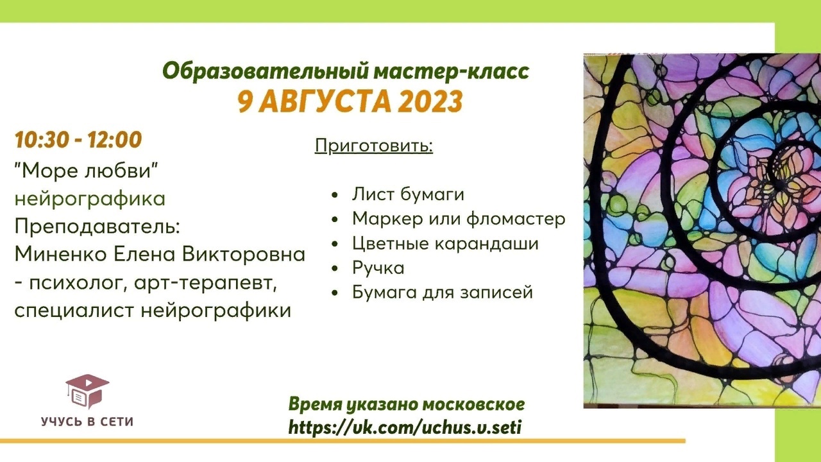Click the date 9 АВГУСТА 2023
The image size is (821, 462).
click(350, 101)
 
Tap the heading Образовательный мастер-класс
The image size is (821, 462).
click(346, 71)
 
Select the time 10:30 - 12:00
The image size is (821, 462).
click(78, 140)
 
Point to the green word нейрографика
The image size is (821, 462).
click(90, 199)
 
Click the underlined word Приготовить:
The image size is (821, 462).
click(374, 146)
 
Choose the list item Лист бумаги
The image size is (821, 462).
click(407, 194)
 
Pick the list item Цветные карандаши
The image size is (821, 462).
click(445, 244)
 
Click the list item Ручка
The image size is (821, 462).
click(378, 268)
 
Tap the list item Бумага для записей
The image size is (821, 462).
click(443, 293)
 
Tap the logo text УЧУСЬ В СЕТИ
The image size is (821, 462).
click(87, 422)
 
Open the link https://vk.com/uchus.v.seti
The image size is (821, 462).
click(405, 427)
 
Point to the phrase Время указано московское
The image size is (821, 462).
click(407, 404)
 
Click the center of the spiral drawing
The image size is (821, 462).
click(779, 172)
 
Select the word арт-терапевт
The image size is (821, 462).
click(223, 283)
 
